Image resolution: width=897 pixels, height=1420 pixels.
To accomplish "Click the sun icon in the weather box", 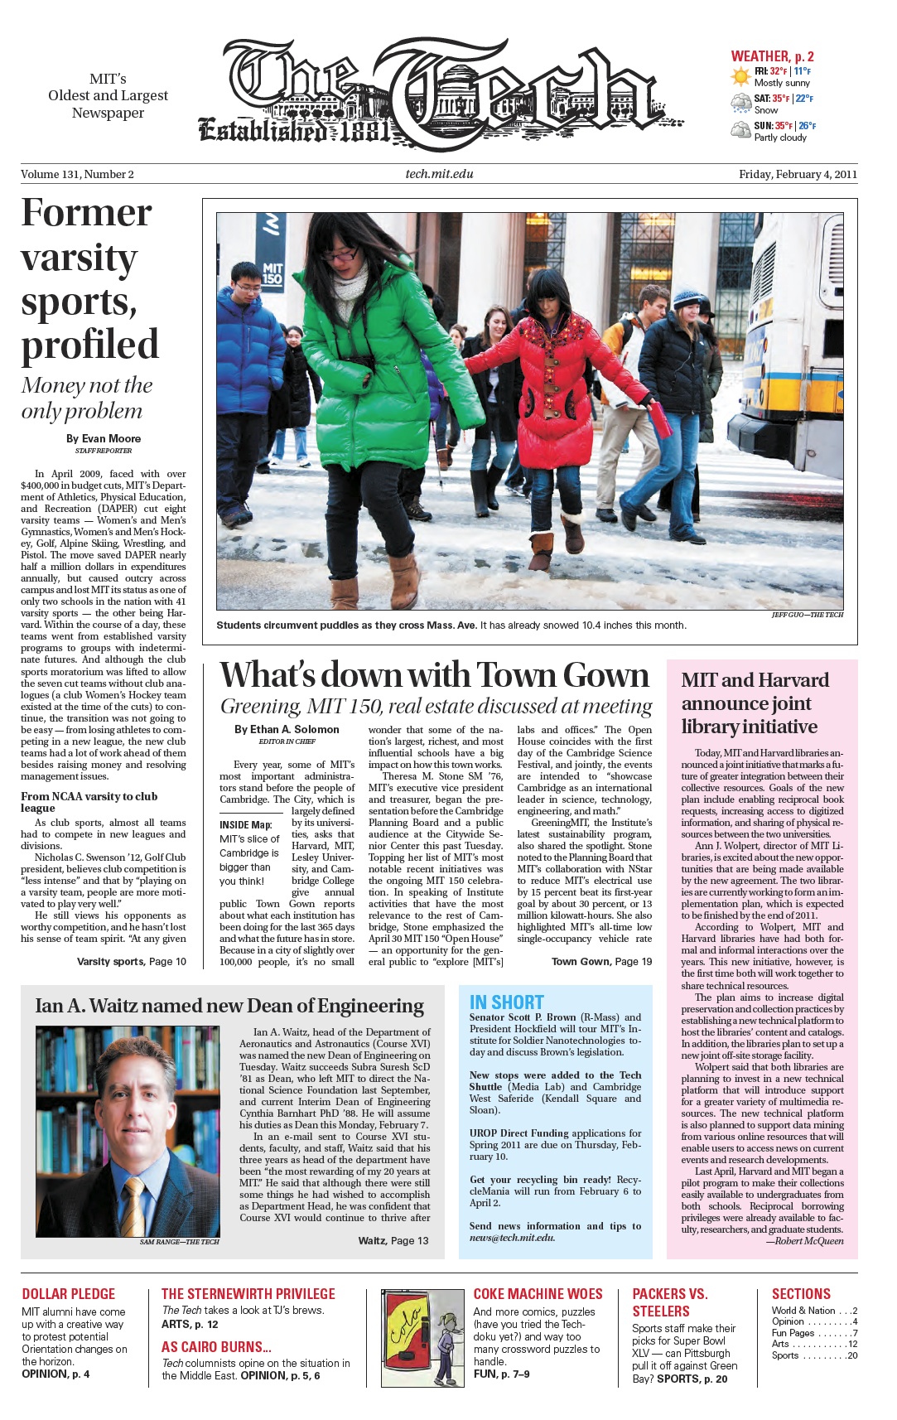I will pos(740,77).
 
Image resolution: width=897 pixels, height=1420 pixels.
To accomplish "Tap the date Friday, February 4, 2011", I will pos(798,174).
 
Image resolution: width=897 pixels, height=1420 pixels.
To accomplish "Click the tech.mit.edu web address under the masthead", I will pos(439,174).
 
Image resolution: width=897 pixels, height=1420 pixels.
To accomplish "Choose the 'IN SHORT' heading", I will pos(506,1002).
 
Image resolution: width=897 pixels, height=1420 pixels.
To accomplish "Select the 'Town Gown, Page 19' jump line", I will pos(601,961).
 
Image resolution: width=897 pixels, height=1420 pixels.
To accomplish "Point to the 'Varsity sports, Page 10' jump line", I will pos(131,961).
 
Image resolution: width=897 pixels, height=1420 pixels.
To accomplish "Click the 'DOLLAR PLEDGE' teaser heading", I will pos(68,1293).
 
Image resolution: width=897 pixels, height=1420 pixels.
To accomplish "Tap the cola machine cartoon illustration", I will pos(422,1336).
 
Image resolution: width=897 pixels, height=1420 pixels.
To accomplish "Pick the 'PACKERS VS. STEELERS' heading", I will pos(669,1302).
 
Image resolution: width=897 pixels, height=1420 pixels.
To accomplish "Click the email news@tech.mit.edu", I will pos(512,1237).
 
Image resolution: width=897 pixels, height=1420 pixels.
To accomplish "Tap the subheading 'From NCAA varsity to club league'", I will pos(89,801).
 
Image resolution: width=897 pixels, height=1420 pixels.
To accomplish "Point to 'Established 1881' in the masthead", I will pos(294,130).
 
